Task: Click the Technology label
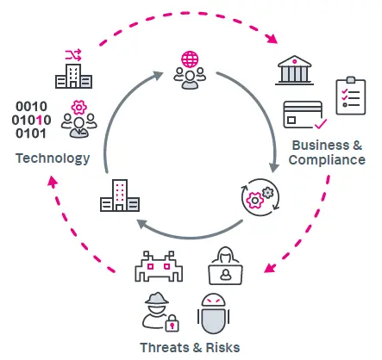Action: tap(53, 158)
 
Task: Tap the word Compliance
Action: tap(327, 160)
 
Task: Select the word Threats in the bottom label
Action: tap(163, 348)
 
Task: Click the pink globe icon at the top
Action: tap(190, 59)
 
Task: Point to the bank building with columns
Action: tap(294, 71)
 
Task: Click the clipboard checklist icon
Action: tap(351, 96)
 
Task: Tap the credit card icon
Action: tap(303, 115)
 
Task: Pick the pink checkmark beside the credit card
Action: tap(321, 124)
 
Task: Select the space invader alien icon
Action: tap(159, 267)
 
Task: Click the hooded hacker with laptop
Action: tap(225, 265)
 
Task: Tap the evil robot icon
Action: tap(213, 313)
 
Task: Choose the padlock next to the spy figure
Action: tap(172, 324)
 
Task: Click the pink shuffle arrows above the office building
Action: tap(73, 55)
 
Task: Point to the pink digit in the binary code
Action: tap(40, 120)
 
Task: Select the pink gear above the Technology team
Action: tap(79, 108)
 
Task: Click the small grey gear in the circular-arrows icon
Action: tap(268, 192)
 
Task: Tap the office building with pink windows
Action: tap(120, 196)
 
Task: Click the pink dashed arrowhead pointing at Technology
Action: tap(53, 182)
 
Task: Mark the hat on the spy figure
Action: tap(157, 299)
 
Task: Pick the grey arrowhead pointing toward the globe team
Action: tap(158, 76)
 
